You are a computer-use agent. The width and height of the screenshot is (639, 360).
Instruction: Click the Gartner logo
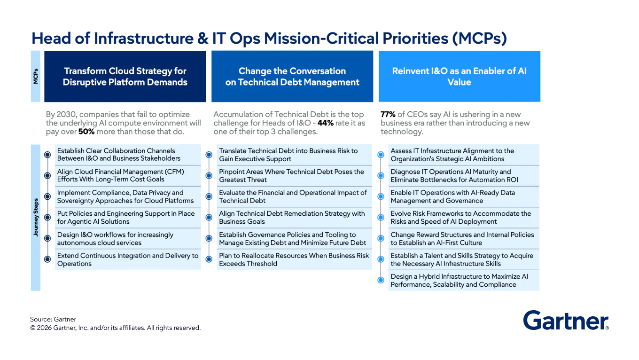pyautogui.click(x=566, y=321)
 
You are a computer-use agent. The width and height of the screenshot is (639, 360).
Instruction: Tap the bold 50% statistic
pyautogui.click(x=86, y=132)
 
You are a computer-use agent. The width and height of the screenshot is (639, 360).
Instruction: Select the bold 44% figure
pyautogui.click(x=325, y=123)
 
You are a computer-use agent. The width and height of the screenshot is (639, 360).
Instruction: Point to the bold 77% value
pyautogui.click(x=388, y=114)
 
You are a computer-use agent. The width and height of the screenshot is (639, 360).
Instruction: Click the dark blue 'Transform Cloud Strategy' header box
pyautogui.click(x=125, y=77)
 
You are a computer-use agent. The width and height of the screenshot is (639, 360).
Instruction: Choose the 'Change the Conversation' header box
pyautogui.click(x=292, y=77)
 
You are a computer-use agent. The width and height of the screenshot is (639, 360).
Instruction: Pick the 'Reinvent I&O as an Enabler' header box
pyautogui.click(x=459, y=77)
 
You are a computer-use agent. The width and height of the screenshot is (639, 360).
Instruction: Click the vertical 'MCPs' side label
pyautogui.click(x=36, y=77)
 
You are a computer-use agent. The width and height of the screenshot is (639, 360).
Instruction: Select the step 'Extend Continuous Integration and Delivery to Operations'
pyautogui.click(x=127, y=259)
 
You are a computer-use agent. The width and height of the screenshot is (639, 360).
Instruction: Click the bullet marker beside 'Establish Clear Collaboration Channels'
pyautogui.click(x=47, y=155)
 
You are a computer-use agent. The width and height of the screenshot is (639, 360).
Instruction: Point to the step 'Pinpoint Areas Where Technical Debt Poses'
pyautogui.click(x=291, y=176)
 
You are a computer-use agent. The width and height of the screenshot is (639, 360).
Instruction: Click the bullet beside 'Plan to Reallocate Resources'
pyautogui.click(x=209, y=259)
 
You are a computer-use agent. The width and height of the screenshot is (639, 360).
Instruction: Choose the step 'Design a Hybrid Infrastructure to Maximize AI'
pyautogui.click(x=459, y=281)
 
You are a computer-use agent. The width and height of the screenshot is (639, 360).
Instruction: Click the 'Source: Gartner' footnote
pyautogui.click(x=53, y=319)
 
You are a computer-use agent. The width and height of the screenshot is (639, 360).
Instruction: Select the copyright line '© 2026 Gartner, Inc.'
pyautogui.click(x=115, y=328)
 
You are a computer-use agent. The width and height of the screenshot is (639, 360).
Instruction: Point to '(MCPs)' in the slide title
pyautogui.click(x=479, y=38)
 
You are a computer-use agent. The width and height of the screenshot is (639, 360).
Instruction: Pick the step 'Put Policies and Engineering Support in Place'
pyautogui.click(x=125, y=218)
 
